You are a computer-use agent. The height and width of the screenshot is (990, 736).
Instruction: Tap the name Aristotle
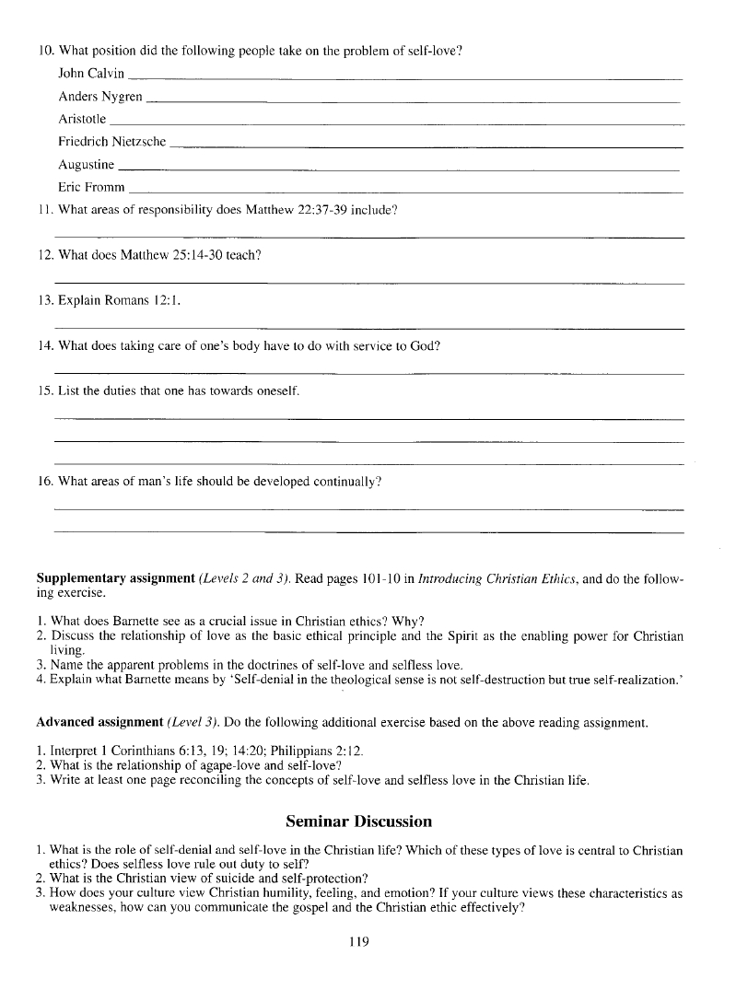coord(82,119)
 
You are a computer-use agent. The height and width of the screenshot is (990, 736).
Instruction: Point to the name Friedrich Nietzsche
coord(111,142)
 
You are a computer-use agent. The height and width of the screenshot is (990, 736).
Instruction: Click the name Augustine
coord(86,165)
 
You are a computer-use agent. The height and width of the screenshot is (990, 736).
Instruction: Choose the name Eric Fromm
coord(91,188)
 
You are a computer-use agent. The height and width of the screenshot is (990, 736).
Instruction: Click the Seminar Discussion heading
coord(358,821)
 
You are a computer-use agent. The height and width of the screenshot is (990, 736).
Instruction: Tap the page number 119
coord(359,940)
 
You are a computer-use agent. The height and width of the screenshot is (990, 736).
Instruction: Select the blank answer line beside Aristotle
coord(396,122)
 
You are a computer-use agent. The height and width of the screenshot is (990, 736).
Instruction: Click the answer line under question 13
coord(368,328)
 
